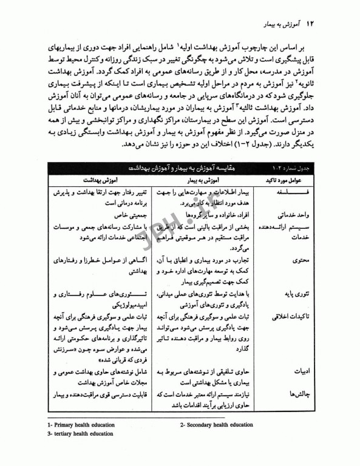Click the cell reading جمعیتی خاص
point(112,215)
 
